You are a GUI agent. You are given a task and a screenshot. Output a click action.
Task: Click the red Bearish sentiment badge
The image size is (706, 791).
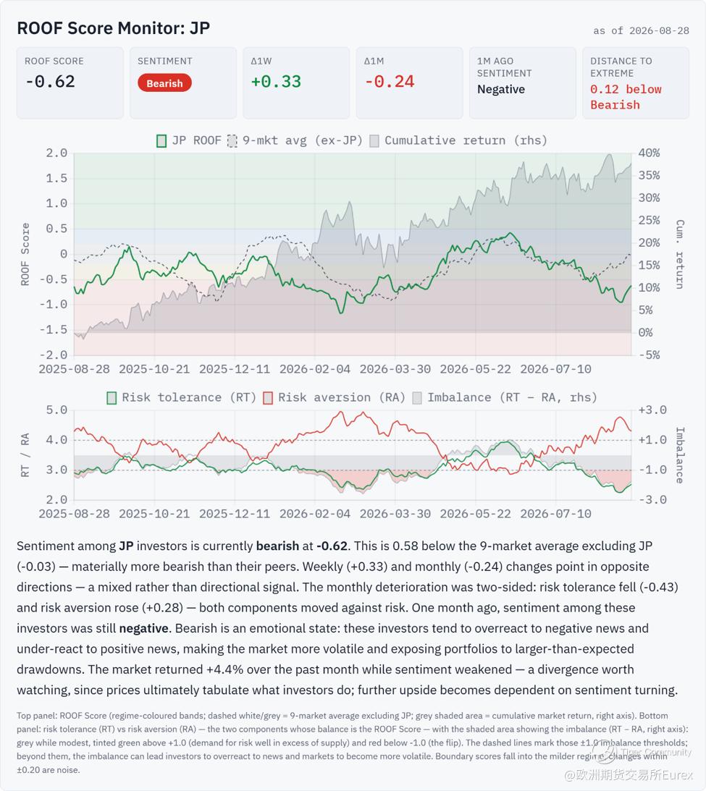164,83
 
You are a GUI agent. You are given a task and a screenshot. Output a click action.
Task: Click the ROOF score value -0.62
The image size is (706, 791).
50,81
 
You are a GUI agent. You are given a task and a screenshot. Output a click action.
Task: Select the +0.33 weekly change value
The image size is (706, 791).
276,81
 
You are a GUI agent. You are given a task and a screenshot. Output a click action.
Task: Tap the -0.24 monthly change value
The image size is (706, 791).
389,81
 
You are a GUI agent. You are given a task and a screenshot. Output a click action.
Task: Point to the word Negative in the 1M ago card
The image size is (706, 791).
501,89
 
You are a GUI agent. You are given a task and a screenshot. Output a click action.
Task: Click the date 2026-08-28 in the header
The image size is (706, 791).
659,31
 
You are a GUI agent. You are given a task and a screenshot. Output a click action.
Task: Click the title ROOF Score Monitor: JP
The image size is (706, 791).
114,28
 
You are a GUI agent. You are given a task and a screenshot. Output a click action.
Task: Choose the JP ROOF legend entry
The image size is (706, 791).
189,140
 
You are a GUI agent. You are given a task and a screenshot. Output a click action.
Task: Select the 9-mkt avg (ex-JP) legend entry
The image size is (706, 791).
295,140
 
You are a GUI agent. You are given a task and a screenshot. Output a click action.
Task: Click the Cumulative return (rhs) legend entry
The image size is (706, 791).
459,140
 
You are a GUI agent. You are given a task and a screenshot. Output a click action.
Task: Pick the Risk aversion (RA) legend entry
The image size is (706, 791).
335,397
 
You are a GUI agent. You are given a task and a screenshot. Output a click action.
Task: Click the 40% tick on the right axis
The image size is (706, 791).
649,153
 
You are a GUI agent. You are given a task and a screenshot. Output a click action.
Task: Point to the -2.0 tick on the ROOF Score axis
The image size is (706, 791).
53,355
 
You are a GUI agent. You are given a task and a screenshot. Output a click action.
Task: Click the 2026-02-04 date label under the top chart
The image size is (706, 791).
315,369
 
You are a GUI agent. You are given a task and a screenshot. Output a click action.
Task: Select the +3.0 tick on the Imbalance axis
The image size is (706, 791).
652,410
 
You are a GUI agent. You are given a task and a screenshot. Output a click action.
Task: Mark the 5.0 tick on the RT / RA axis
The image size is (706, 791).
56,410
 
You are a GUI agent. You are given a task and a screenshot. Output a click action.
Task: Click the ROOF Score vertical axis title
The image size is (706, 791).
25,254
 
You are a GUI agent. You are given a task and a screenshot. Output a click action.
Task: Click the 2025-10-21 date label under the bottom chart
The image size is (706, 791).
154,514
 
